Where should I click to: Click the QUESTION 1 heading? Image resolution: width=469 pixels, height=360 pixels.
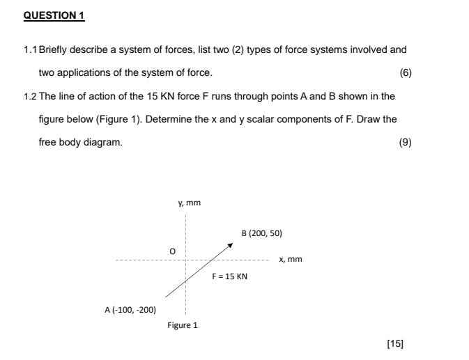[x=54, y=15]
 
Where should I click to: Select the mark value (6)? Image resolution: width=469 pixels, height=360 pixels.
[x=405, y=73]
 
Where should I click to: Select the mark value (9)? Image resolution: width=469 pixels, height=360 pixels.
[x=405, y=142]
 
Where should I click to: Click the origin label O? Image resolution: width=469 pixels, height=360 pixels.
[x=165, y=249]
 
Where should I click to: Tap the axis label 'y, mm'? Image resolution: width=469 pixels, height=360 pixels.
[x=189, y=203]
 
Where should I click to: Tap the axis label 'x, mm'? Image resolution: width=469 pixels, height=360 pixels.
[x=290, y=260]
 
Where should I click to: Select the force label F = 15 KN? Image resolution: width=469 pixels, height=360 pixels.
[x=230, y=276]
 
